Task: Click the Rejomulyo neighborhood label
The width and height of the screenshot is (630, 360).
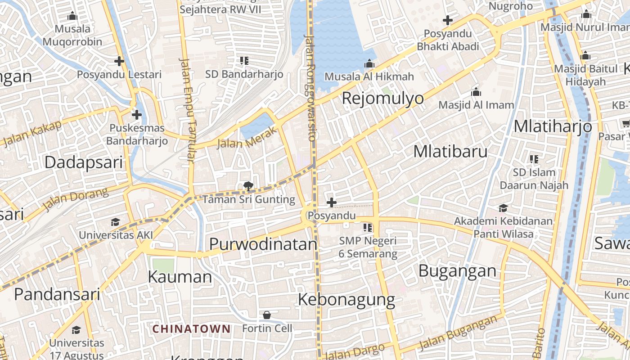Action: coord(383,98)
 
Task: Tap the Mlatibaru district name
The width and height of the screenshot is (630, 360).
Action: coord(450,152)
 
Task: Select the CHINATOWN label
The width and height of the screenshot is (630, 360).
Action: coord(191,329)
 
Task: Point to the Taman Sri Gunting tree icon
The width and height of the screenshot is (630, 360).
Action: coord(247,186)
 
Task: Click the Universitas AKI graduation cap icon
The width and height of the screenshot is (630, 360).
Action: coord(116,222)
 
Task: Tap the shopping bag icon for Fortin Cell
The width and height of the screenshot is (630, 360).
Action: coord(267,315)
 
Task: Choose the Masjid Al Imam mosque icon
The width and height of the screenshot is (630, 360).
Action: coord(476,92)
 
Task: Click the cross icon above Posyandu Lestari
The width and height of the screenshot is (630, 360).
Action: coord(119,61)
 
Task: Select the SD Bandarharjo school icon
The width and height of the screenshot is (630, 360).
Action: coord(244,61)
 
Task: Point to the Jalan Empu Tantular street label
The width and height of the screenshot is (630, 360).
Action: coord(187,110)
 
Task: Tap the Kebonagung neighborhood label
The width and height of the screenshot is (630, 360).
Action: coord(346,299)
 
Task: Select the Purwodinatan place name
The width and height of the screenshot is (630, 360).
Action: coord(263,244)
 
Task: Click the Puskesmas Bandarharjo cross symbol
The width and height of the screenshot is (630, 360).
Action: coord(137,115)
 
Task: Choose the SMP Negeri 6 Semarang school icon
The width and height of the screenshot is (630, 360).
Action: coord(368,228)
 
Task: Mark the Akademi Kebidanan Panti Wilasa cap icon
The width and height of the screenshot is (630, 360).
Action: coord(503,208)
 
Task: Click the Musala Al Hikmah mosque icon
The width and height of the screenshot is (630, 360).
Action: coord(369,63)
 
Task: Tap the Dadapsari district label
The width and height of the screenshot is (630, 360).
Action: coord(83,162)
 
